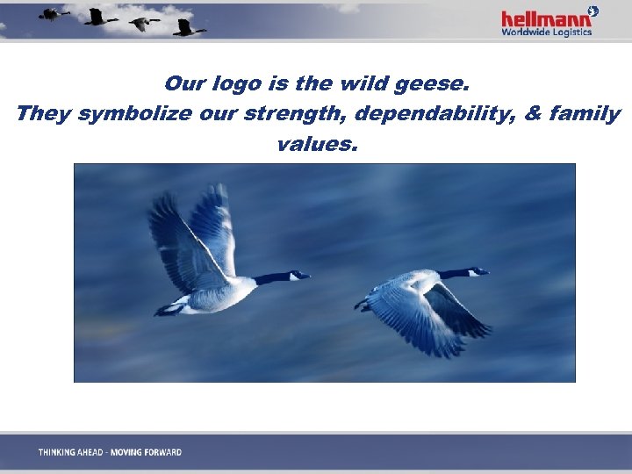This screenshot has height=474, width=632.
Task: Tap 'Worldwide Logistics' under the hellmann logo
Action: pos(546,32)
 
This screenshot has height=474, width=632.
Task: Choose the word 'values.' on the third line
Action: pos(317,142)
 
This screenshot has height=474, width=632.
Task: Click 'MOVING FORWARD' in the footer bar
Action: pos(146,452)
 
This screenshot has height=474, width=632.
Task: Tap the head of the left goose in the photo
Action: pos(298,276)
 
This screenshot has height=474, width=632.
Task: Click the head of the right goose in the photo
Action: pos(478,271)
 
